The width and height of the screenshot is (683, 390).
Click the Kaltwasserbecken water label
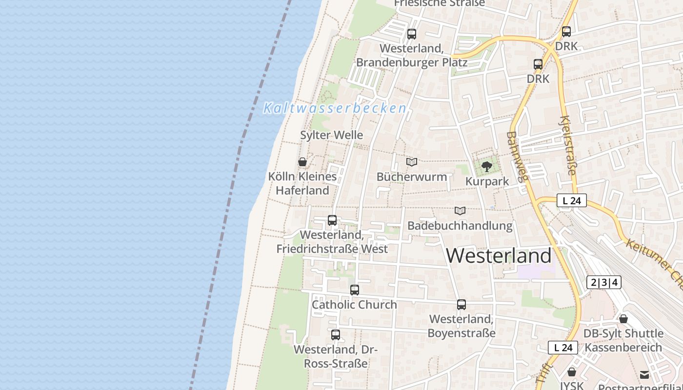point(335,108)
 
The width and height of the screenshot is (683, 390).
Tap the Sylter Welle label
point(332,135)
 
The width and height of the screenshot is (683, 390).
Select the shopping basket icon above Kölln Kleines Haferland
point(302,162)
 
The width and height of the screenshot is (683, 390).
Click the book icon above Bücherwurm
point(412,162)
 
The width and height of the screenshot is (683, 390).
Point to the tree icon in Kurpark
point(486,167)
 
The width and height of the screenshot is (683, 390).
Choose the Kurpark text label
point(487,181)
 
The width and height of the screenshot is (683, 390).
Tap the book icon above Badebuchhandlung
point(460,211)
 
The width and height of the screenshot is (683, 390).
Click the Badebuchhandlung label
point(460,226)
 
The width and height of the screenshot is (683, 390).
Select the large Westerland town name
point(499,255)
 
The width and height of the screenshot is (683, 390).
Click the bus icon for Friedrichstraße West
point(332,220)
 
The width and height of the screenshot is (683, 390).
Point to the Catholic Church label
point(354,305)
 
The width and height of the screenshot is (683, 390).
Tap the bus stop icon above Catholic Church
point(355,290)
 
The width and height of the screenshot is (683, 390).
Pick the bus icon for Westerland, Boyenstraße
point(462,305)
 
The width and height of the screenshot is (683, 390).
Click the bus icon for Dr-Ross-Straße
point(336,335)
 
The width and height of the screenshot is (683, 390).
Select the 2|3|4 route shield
point(604,282)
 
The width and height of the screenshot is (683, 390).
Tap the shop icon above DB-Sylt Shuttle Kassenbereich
point(623,319)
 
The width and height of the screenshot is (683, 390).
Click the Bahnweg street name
point(517,156)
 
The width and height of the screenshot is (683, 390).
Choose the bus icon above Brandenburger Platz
point(412,34)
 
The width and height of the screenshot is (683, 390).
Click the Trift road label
point(543,373)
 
